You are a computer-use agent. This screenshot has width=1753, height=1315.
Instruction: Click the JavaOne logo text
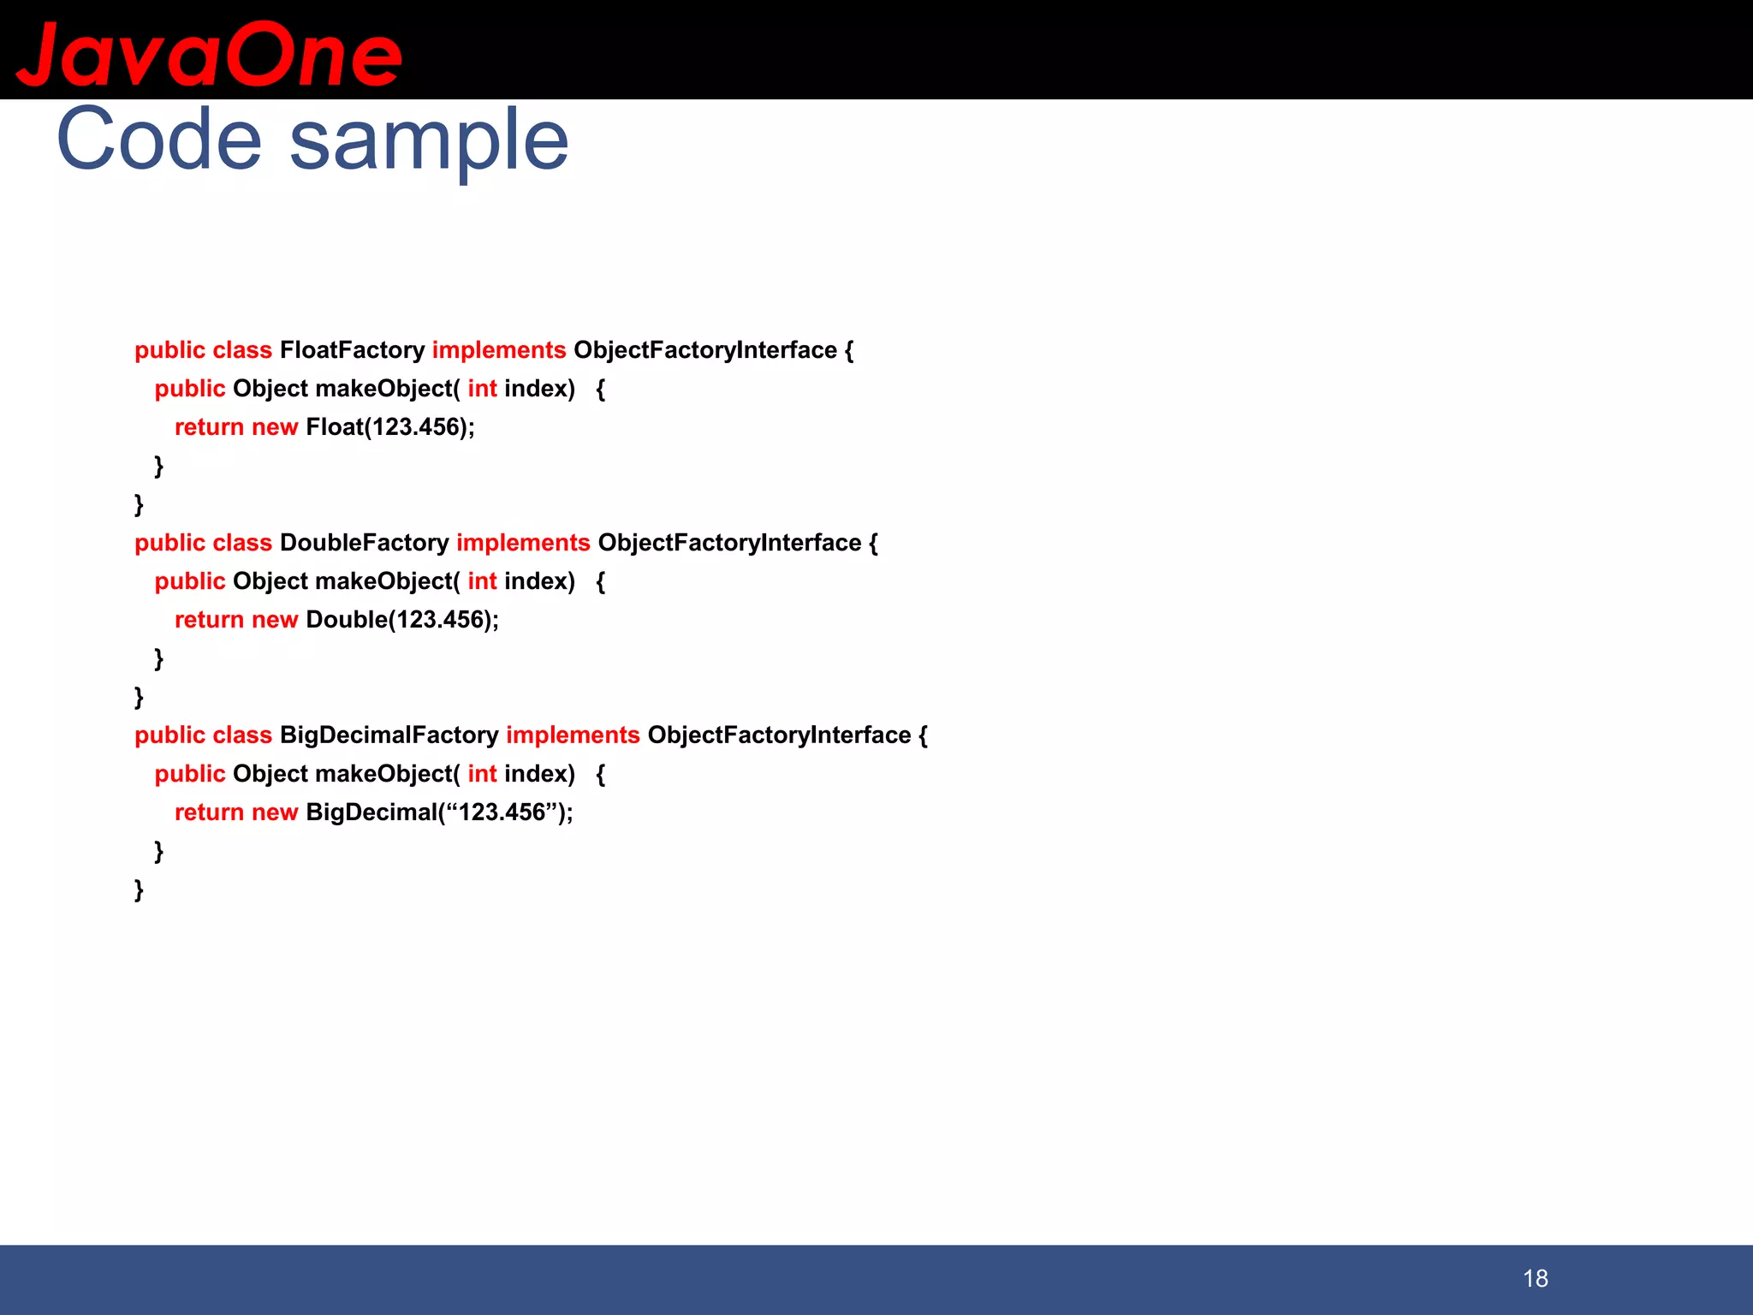pos(209,55)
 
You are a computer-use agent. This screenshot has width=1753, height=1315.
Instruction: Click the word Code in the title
pos(158,140)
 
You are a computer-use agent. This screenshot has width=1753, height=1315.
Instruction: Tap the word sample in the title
pos(429,141)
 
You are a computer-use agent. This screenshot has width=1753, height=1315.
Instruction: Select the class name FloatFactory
pos(352,350)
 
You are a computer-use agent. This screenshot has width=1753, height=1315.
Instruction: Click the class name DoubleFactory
pos(364,543)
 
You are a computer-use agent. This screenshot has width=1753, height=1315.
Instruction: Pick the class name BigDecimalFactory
pos(389,735)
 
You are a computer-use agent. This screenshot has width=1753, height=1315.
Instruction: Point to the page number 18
pos(1535,1279)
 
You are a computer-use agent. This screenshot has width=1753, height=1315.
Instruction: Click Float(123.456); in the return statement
pos(389,427)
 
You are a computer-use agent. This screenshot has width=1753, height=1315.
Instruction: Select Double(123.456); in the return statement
pos(401,620)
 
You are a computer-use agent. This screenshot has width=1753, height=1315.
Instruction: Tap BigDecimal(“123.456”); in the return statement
pos(439,812)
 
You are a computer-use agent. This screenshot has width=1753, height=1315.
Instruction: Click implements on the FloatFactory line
pos(498,350)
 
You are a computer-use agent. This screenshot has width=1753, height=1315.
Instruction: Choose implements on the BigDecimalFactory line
pos(573,735)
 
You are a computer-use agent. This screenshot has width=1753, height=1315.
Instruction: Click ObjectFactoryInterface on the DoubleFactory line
pos(729,543)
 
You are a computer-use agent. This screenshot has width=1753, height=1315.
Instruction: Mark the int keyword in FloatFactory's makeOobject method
pos(482,389)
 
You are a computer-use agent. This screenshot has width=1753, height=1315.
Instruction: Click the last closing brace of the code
pos(139,890)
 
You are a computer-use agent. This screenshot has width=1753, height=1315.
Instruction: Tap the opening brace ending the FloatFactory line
pos(848,350)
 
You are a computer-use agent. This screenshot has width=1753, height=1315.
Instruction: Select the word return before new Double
pos(209,620)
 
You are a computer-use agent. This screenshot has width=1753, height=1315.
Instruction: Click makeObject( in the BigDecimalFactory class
pos(387,774)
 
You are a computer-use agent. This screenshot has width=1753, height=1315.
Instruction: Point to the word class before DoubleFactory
pos(242,543)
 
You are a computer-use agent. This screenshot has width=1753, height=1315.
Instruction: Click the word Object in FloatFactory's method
pos(270,389)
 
